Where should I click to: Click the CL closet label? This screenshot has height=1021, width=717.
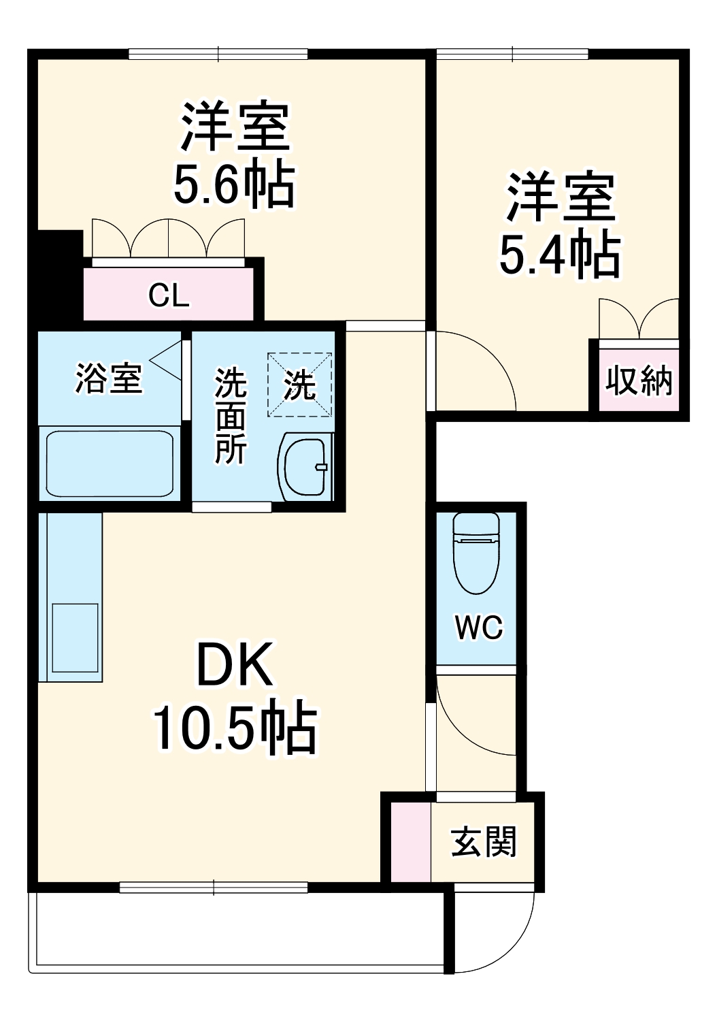point(169,295)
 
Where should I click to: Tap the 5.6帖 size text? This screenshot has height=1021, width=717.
point(234,185)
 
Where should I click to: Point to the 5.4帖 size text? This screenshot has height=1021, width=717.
point(559,255)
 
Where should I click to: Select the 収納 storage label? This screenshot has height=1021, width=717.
point(639,380)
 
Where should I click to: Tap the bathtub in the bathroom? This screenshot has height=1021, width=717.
point(110,463)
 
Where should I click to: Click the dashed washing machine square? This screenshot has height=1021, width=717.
point(300,385)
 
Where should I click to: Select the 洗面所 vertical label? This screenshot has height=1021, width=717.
point(231,415)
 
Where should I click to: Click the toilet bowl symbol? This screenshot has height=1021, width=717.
point(476,551)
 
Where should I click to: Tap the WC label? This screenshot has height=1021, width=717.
point(479,627)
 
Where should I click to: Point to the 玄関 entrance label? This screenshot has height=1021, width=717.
point(484,842)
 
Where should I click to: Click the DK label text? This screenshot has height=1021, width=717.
point(234,664)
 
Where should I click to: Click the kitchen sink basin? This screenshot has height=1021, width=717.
point(76,636)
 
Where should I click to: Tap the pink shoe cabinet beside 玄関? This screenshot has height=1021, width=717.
point(410,842)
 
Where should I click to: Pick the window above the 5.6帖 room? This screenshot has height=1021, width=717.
point(218,54)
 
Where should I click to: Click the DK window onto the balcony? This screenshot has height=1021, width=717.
point(214,887)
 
